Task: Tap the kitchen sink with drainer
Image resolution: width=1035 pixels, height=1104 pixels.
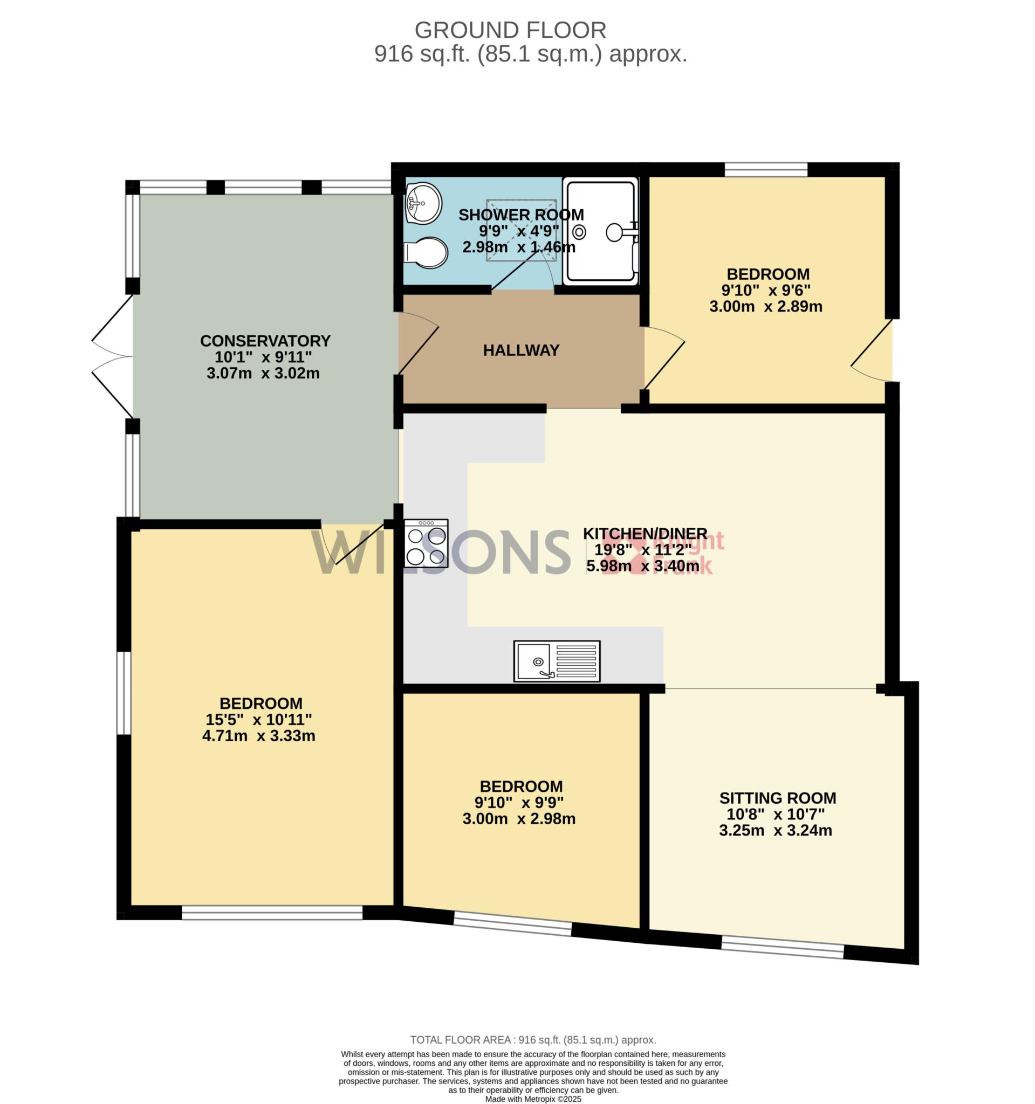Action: [557, 661]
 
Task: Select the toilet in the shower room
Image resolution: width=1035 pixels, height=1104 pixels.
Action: [426, 253]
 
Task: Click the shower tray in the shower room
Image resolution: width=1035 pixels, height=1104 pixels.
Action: [600, 231]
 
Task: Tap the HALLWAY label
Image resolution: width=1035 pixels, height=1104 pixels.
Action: [521, 350]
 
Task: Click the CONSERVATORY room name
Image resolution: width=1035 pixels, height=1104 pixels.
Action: [265, 341]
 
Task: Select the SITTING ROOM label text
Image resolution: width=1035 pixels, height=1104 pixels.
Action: [777, 798]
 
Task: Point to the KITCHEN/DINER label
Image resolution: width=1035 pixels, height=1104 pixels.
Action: [645, 534]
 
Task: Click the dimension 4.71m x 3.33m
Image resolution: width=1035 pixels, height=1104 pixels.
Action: [259, 736]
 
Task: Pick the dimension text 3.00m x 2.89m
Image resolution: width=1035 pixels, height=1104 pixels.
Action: [766, 307]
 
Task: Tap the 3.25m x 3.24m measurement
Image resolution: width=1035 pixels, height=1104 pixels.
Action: [776, 831]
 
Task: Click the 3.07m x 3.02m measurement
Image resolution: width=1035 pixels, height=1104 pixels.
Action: [263, 373]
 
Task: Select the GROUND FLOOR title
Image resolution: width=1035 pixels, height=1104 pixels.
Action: [511, 30]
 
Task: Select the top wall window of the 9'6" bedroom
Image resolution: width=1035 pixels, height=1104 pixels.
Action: [766, 169]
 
